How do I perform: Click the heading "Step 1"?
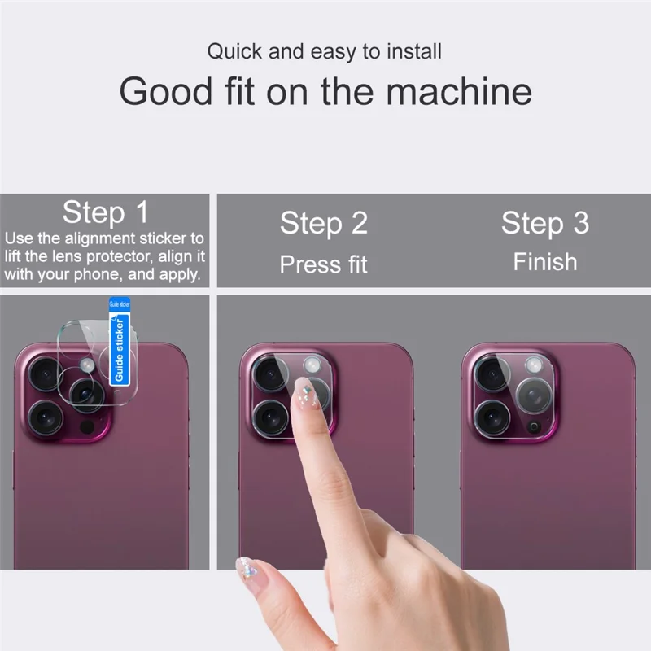(x=106, y=212)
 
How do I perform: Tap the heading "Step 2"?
(x=324, y=223)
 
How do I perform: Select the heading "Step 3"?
(x=544, y=223)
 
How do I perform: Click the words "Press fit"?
(x=324, y=264)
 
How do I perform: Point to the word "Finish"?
(x=544, y=262)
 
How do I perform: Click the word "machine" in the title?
(x=459, y=91)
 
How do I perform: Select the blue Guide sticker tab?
(x=120, y=342)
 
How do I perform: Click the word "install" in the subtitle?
(x=413, y=52)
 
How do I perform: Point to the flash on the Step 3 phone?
(x=532, y=365)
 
